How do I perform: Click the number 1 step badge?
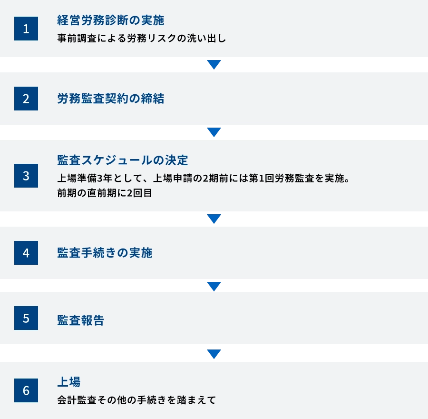tap(26, 29)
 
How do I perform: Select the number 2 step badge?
tap(26, 99)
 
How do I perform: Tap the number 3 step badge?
tap(26, 176)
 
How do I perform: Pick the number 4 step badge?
tap(26, 253)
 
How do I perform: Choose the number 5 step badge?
tap(26, 318)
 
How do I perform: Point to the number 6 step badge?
tap(26, 390)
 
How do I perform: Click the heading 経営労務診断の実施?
tap(110, 20)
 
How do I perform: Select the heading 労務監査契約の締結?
tap(110, 99)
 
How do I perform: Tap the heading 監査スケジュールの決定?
tap(123, 160)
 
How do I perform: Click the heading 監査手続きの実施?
tap(105, 253)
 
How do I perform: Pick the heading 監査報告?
tap(80, 320)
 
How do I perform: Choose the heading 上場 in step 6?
tap(68, 382)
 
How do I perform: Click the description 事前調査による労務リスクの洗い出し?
tap(141, 39)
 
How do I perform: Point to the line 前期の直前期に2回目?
tap(104, 193)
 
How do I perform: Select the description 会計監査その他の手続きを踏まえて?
tap(136, 400)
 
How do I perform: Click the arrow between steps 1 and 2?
tap(214, 65)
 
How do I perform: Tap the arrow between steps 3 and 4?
tap(214, 219)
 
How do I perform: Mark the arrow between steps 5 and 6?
tap(214, 354)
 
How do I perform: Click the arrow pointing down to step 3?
tap(214, 132)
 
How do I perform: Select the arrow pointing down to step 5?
tap(214, 286)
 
